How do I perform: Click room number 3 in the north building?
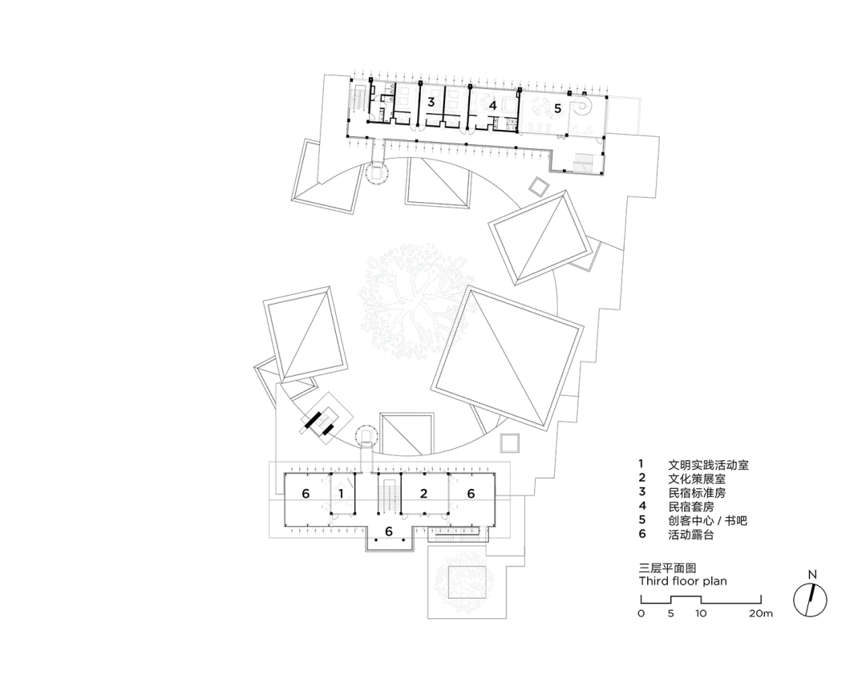431,103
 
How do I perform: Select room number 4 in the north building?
492,105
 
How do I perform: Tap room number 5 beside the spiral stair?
558,108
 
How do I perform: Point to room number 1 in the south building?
341,493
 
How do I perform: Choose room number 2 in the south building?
423,493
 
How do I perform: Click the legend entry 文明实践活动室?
708,465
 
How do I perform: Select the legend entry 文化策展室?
697,479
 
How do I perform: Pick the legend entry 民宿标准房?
697,493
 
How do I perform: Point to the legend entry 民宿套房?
691,507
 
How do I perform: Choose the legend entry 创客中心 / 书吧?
707,520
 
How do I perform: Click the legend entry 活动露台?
691,534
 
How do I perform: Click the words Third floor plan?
682,581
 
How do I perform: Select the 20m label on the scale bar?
761,613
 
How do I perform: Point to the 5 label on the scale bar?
670,613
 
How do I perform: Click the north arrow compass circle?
810,600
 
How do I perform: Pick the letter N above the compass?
812,575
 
